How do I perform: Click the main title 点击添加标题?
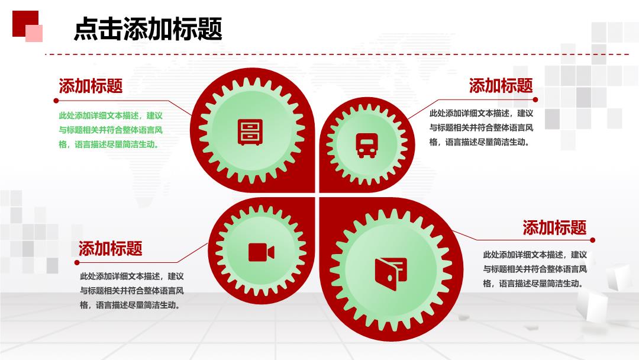tap(148, 28)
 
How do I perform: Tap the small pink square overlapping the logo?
tap(34, 33)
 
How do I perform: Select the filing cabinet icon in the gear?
tap(250, 132)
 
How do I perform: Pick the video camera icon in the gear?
tap(262, 252)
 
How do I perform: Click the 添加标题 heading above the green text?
tap(91, 86)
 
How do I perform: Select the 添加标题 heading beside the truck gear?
tap(501, 86)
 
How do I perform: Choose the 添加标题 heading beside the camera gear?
tap(111, 248)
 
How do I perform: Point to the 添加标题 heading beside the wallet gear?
tap(554, 227)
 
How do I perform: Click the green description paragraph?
tap(111, 130)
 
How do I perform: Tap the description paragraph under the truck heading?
tap(481, 128)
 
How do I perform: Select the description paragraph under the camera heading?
tap(132, 291)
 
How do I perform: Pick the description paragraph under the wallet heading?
tap(535, 269)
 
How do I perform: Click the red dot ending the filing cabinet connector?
tap(56, 100)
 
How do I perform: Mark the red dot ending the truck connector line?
tap(535, 99)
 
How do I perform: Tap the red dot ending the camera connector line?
tap(76, 262)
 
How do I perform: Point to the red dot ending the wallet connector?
tap(592, 240)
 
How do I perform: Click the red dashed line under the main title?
tap(337, 54)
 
